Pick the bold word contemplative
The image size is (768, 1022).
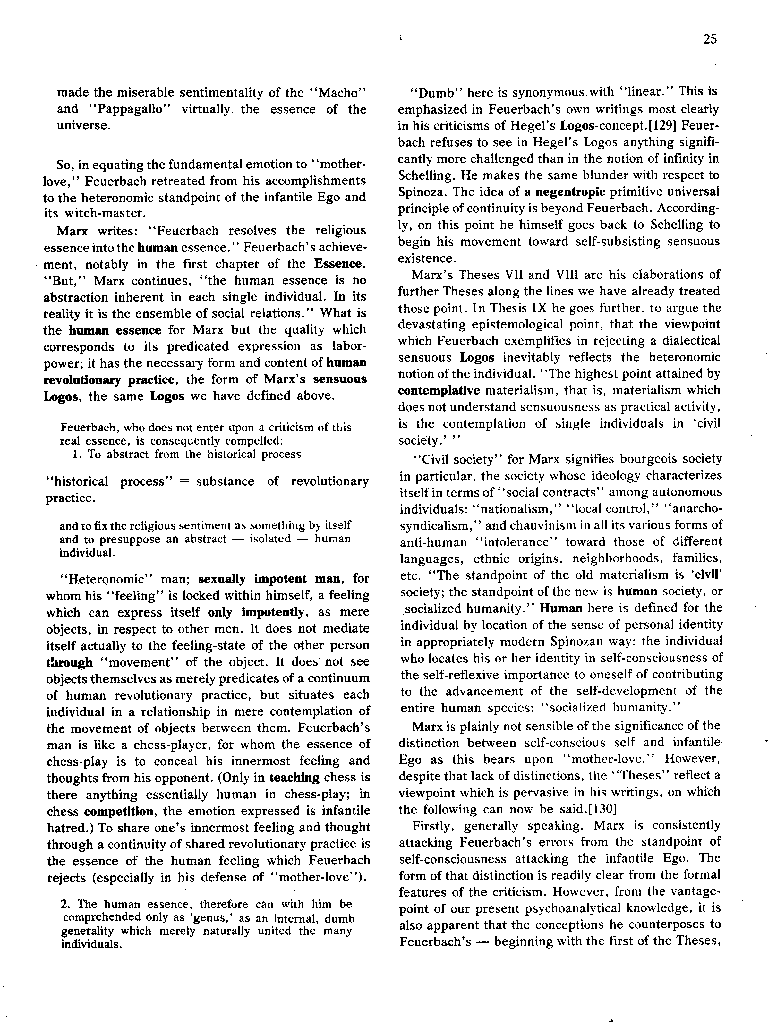click(439, 390)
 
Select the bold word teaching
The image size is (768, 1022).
click(294, 778)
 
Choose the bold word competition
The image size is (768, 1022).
click(119, 811)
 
